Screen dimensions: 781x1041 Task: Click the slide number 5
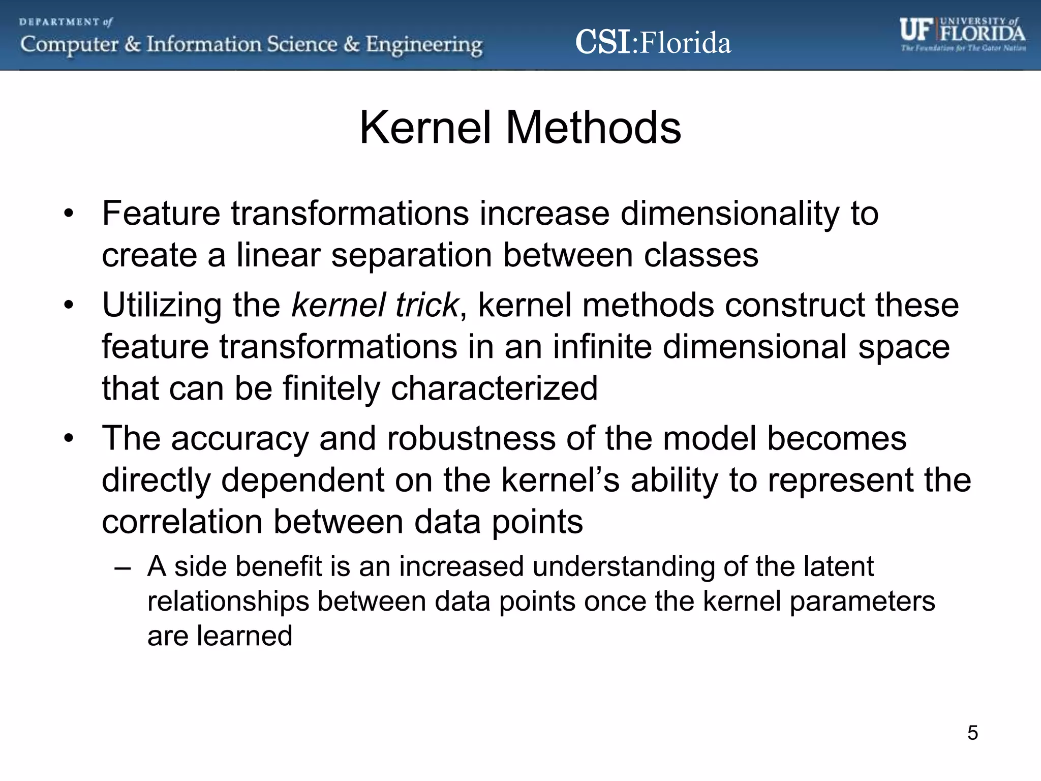[972, 733]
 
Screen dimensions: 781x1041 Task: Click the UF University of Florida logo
[962, 35]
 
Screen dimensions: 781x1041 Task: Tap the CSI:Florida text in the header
[653, 43]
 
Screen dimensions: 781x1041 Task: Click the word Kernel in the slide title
[425, 128]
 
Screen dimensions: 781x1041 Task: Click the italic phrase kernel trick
[375, 305]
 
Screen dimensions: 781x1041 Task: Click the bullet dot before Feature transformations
[69, 214]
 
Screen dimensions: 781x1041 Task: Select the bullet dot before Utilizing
[69, 306]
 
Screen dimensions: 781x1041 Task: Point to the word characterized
[494, 388]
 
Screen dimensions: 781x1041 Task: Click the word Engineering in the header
[424, 45]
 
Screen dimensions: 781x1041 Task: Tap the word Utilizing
[162, 305]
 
